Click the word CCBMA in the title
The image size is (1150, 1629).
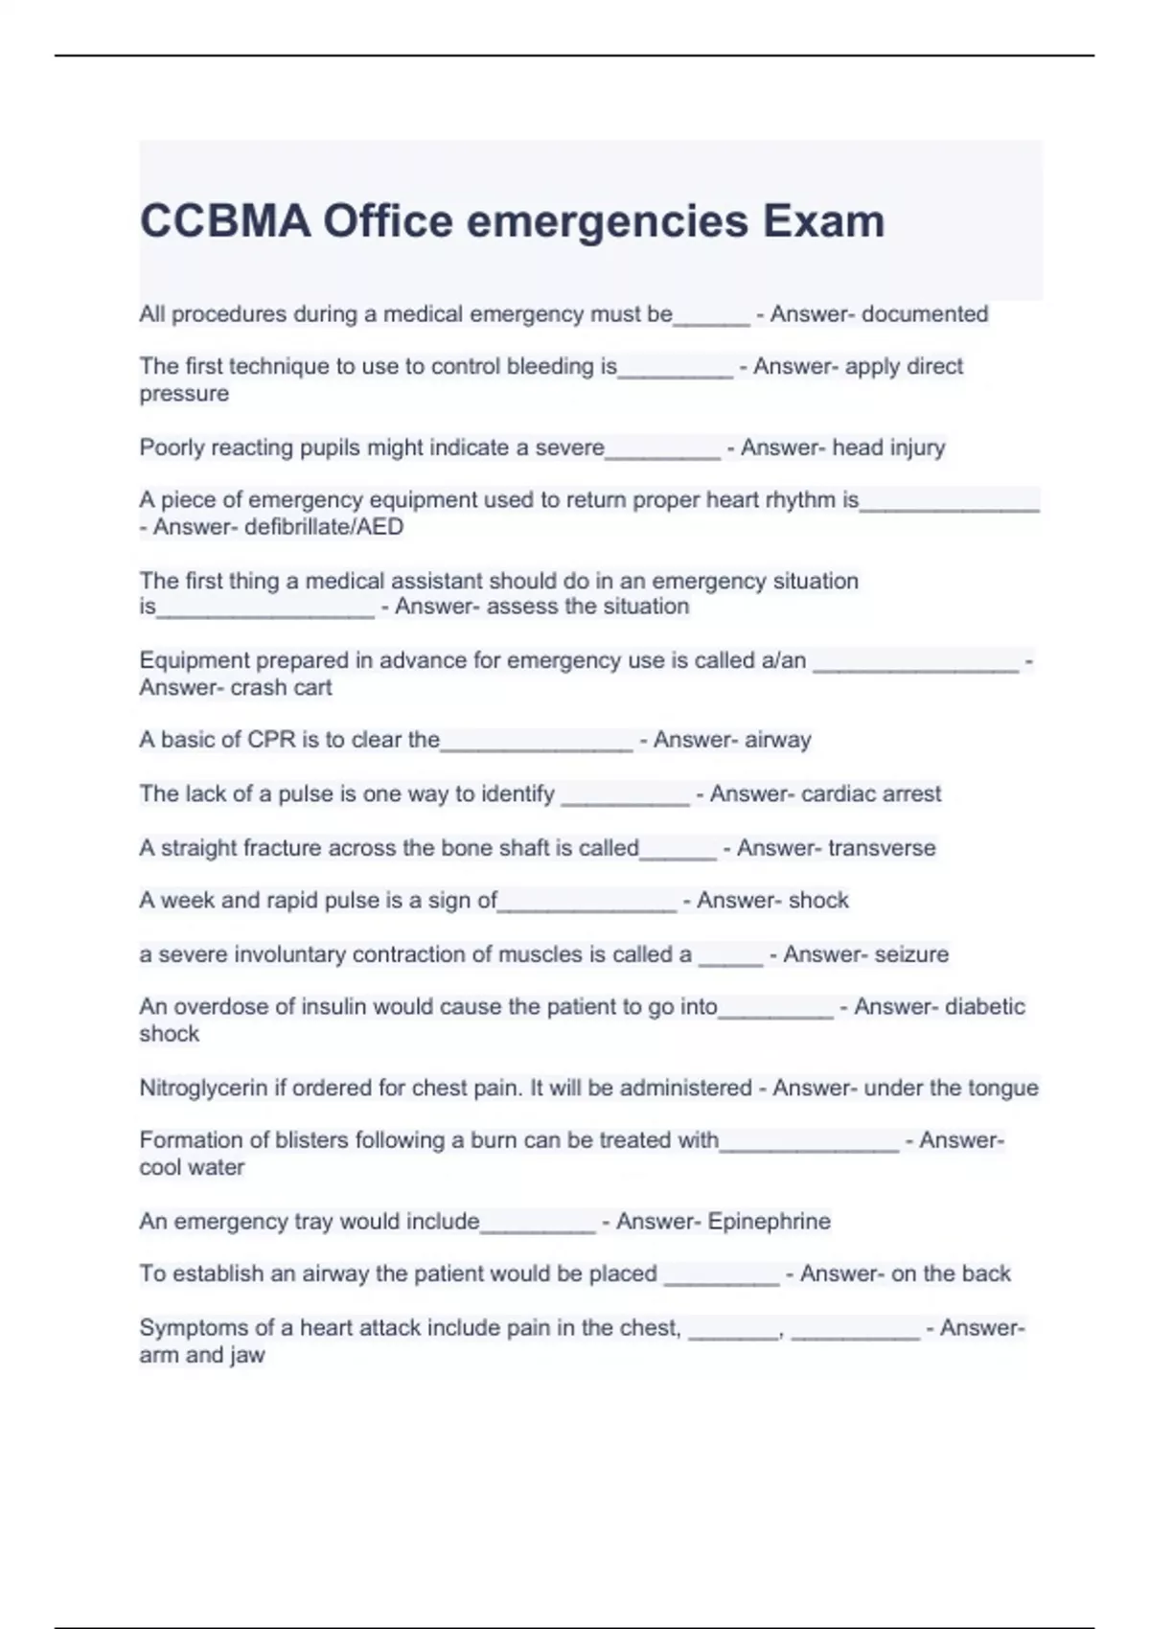(225, 221)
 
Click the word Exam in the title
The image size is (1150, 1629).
(823, 221)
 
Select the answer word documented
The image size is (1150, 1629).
(925, 314)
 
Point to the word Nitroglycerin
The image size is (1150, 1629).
(203, 1089)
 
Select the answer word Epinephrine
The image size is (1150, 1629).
(769, 1222)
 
